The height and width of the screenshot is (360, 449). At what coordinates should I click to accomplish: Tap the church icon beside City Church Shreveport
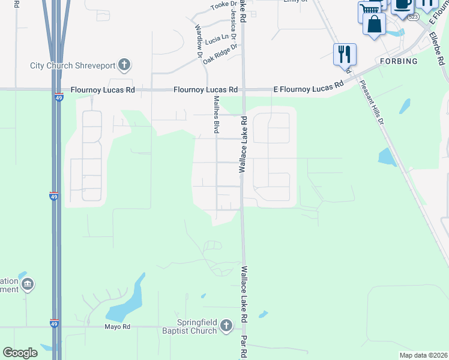click(124, 64)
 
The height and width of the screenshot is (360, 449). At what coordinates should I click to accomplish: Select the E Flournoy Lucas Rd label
click(308, 88)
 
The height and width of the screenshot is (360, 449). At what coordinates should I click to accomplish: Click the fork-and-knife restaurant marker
click(345, 55)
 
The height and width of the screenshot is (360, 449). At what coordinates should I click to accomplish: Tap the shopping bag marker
click(374, 25)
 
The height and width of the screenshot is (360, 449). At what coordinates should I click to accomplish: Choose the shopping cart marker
click(369, 10)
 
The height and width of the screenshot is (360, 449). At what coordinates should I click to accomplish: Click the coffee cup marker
click(402, 5)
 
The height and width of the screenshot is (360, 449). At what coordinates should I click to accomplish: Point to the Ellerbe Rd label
click(439, 48)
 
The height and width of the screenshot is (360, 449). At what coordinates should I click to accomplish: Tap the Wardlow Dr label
click(198, 41)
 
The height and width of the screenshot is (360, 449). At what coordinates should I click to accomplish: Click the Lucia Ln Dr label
click(217, 40)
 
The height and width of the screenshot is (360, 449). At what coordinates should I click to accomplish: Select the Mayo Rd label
click(118, 326)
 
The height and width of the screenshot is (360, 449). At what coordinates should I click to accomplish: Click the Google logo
click(20, 352)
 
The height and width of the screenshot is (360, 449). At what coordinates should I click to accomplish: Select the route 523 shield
click(413, 17)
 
